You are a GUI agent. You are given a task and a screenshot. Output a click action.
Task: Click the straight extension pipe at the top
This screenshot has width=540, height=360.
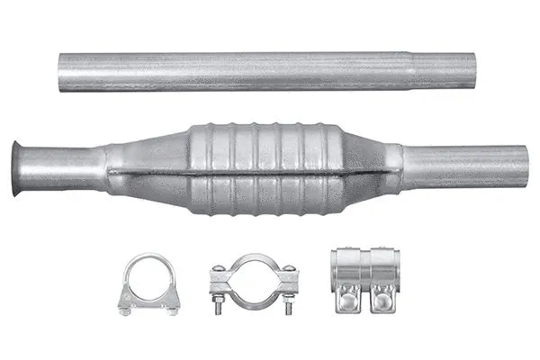[270, 71]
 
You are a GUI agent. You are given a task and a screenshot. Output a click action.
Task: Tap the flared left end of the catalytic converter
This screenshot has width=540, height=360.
[20, 167]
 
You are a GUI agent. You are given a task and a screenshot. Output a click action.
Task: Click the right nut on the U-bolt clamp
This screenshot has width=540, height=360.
[172, 310]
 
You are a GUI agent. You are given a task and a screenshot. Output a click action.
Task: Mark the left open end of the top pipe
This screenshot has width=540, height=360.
[62, 72]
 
